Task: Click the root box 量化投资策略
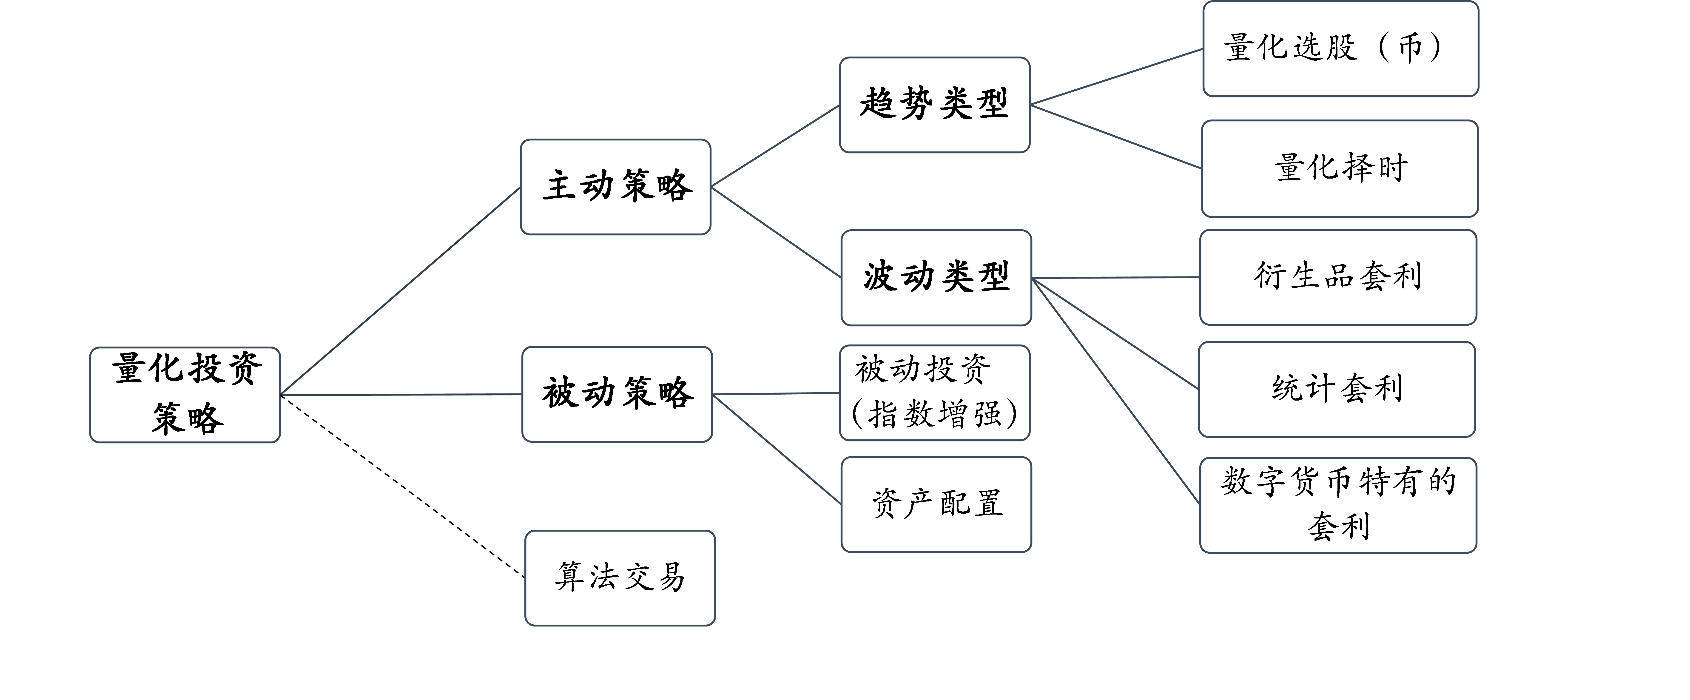pyautogui.click(x=185, y=395)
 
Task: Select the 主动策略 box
pyautogui.click(x=615, y=187)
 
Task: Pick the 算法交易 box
pyautogui.click(x=620, y=578)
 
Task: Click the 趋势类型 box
pyautogui.click(x=935, y=105)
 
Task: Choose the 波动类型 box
pyautogui.click(x=936, y=278)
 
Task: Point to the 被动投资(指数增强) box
pyautogui.click(x=935, y=393)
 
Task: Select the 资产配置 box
pyautogui.click(x=936, y=504)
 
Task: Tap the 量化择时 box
pyautogui.click(x=1340, y=169)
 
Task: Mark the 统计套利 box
pyautogui.click(x=1337, y=389)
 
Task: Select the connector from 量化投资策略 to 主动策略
pyautogui.click(x=400, y=291)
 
